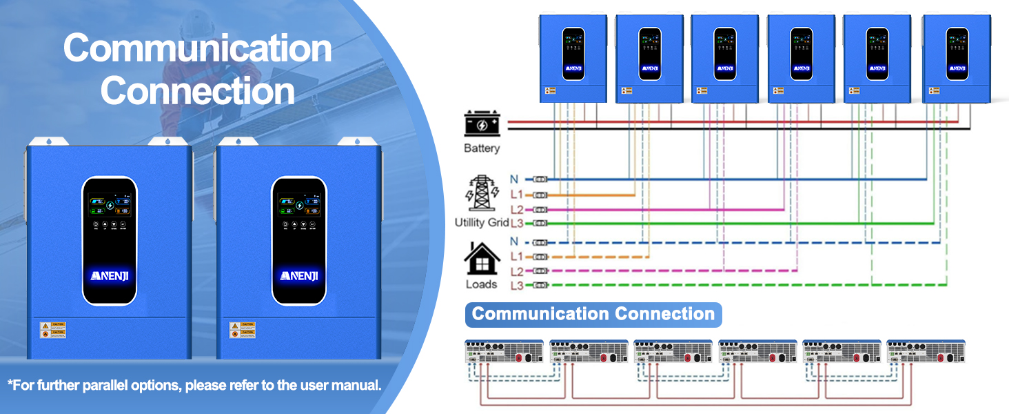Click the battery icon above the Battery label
click(x=482, y=125)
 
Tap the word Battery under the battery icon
click(x=482, y=148)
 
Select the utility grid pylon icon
click(x=482, y=194)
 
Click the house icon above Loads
click(x=482, y=258)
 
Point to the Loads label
click(x=481, y=284)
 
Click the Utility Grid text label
click(x=482, y=223)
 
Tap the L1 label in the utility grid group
click(x=517, y=195)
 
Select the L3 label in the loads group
click(x=517, y=285)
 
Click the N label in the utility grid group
click(x=514, y=179)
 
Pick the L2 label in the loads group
click(x=517, y=272)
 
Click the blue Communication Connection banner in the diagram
click(x=593, y=314)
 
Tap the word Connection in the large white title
click(x=198, y=91)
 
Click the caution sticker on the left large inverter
click(x=53, y=329)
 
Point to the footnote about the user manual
click(x=194, y=385)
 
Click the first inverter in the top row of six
click(x=573, y=59)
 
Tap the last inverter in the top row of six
click(x=956, y=59)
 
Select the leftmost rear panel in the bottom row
click(x=504, y=352)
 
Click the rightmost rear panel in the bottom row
click(x=926, y=352)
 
